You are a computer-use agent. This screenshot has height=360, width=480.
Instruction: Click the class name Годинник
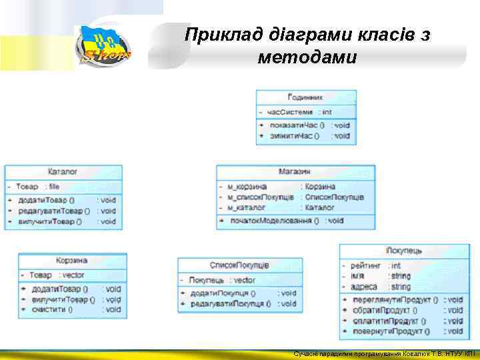305,97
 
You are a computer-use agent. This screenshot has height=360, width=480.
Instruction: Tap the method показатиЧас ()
294,125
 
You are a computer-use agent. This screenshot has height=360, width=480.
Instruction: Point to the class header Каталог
63,172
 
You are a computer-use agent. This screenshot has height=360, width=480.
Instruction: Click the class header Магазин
295,172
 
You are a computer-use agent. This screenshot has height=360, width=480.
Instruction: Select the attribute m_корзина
247,187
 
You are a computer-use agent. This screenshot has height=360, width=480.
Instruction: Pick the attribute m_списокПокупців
260,197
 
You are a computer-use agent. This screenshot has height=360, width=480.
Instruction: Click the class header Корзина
71,261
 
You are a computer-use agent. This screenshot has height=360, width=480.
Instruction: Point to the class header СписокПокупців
239,265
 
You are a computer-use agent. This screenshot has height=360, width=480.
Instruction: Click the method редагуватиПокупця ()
231,304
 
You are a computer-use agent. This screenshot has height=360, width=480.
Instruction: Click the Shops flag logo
103,46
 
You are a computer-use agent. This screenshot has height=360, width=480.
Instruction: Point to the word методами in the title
307,58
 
